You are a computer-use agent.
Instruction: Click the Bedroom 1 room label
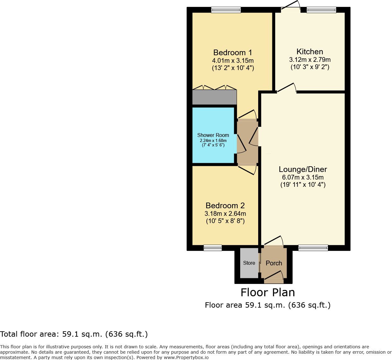[x=233, y=53]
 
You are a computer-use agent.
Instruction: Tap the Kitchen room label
[x=310, y=52]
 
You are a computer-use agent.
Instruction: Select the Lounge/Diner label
[x=303, y=169]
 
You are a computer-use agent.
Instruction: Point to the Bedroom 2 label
[x=225, y=206]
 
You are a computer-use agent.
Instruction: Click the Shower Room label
[x=213, y=135]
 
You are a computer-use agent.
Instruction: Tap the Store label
[x=249, y=263]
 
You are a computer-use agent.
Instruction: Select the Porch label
[x=274, y=263]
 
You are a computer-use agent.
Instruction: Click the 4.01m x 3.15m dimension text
[x=233, y=61]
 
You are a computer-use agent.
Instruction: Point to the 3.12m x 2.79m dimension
[x=310, y=60]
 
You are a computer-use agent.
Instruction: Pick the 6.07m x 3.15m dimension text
[x=303, y=177]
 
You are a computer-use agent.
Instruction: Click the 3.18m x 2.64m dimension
[x=225, y=214]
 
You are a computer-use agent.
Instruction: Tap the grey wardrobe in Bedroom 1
[x=214, y=97]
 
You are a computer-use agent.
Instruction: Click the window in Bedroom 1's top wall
[x=226, y=10]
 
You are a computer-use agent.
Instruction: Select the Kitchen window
[x=321, y=10]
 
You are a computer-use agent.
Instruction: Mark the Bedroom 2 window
[x=213, y=248]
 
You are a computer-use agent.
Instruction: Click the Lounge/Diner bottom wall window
[x=313, y=248]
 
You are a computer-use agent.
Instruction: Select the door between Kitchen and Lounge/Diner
[x=287, y=88]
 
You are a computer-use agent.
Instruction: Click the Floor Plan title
[x=268, y=292]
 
